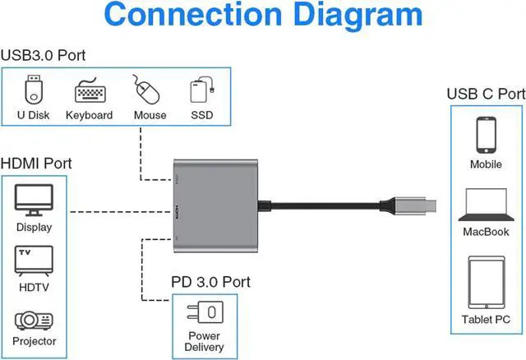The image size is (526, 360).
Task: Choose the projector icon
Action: (34, 321)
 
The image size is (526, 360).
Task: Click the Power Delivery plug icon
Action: (205, 312)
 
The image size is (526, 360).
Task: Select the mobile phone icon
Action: (486, 135)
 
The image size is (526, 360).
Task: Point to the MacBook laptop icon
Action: (486, 205)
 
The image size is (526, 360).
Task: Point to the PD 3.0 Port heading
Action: (211, 282)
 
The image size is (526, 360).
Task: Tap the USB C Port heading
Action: (486, 94)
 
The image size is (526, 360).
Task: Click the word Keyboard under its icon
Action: (89, 116)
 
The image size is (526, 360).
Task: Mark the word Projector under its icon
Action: (35, 341)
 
